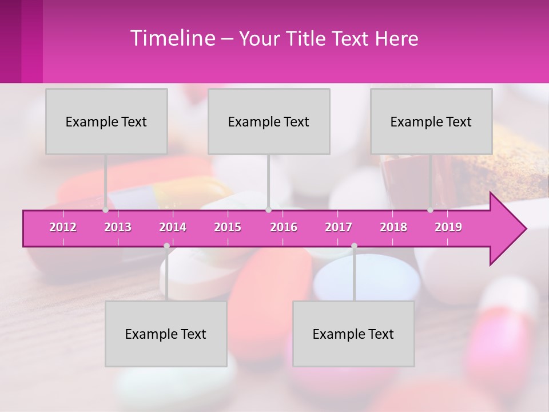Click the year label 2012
coord(63,227)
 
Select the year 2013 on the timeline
coord(118,227)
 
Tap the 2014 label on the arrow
coord(173,227)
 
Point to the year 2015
coord(228,227)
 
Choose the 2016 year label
coord(284,227)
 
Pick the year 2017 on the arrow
coord(339,227)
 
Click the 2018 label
coord(393,227)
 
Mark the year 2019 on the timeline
coord(448,227)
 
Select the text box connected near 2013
coord(106,121)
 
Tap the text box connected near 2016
coord(269,121)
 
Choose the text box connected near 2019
coord(431,121)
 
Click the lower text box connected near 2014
coord(166,334)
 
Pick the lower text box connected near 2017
coord(353,334)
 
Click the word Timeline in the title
coord(172,38)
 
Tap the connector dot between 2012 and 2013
coord(106,210)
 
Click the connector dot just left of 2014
coord(166,245)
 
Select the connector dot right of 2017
coord(354,245)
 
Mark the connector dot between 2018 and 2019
coord(431,210)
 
